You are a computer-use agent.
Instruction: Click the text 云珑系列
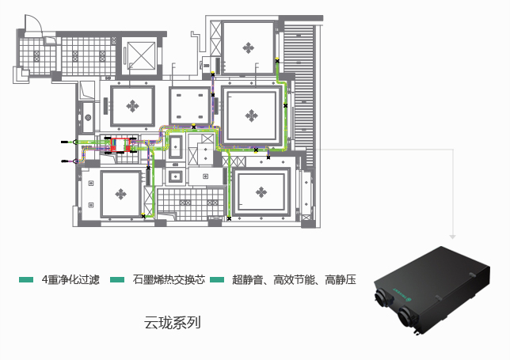click(x=173, y=323)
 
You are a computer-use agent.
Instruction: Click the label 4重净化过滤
click(x=70, y=280)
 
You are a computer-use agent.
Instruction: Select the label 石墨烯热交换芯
click(x=169, y=280)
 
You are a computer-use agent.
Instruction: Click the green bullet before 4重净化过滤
click(x=26, y=280)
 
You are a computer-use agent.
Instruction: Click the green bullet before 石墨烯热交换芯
click(x=118, y=280)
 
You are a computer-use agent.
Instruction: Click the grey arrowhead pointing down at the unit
click(x=452, y=236)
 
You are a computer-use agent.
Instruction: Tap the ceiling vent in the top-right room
click(x=249, y=47)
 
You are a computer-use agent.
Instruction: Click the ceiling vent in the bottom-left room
click(x=120, y=192)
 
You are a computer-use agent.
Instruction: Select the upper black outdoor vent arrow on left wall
click(x=67, y=141)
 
